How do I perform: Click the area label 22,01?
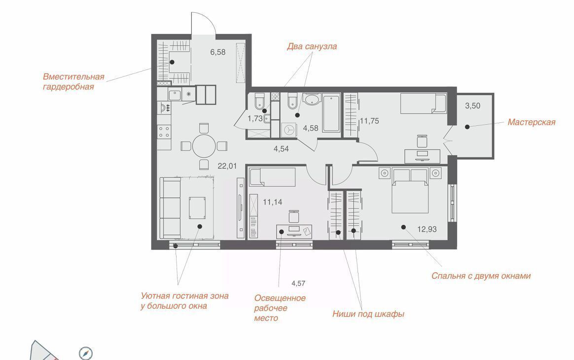(227, 166)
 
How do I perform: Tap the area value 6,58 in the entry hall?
(218, 52)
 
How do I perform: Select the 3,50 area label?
(472, 106)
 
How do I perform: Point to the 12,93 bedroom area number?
(427, 229)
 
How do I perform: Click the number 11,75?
(369, 121)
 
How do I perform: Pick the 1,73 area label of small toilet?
(255, 118)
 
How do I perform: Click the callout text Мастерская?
(531, 122)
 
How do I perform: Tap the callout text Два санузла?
(312, 46)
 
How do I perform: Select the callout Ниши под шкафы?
(368, 314)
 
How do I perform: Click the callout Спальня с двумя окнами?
(481, 276)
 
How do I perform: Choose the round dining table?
(204, 146)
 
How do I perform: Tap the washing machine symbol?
(289, 130)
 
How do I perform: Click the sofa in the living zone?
(171, 208)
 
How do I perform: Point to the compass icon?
(86, 354)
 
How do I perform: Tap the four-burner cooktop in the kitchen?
(164, 132)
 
